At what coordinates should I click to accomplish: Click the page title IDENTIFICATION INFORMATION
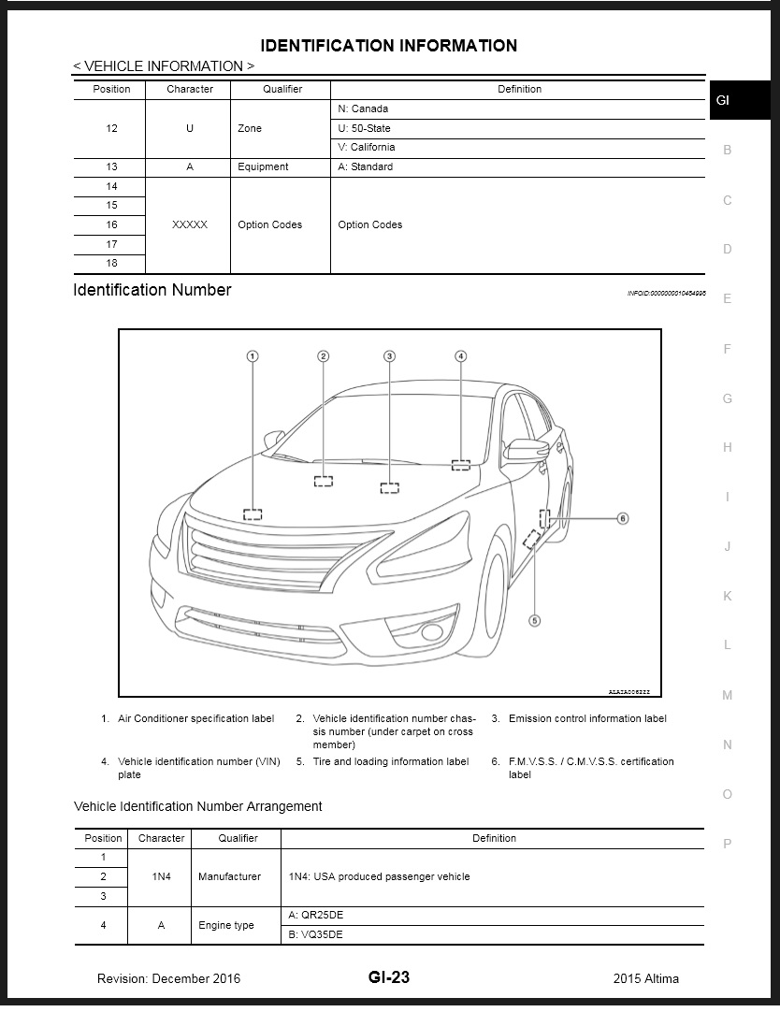tap(388, 45)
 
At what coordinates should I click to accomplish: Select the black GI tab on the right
tap(726, 100)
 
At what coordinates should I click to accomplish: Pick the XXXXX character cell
tap(190, 225)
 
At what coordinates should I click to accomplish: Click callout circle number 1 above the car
tap(253, 355)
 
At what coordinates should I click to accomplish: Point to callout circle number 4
tap(461, 355)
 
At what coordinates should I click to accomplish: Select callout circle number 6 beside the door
tap(622, 517)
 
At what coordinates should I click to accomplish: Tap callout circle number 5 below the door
tap(535, 619)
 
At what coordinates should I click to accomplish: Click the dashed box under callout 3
tap(390, 488)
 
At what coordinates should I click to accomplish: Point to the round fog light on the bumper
tap(432, 632)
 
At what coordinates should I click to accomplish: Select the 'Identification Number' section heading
tap(152, 290)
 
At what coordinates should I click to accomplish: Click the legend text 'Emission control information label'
tap(587, 718)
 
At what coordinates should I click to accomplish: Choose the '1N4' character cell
tap(161, 877)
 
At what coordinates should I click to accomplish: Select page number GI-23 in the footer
tap(388, 977)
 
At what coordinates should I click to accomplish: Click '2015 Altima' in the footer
tap(646, 978)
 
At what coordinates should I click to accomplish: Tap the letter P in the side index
tap(728, 844)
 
